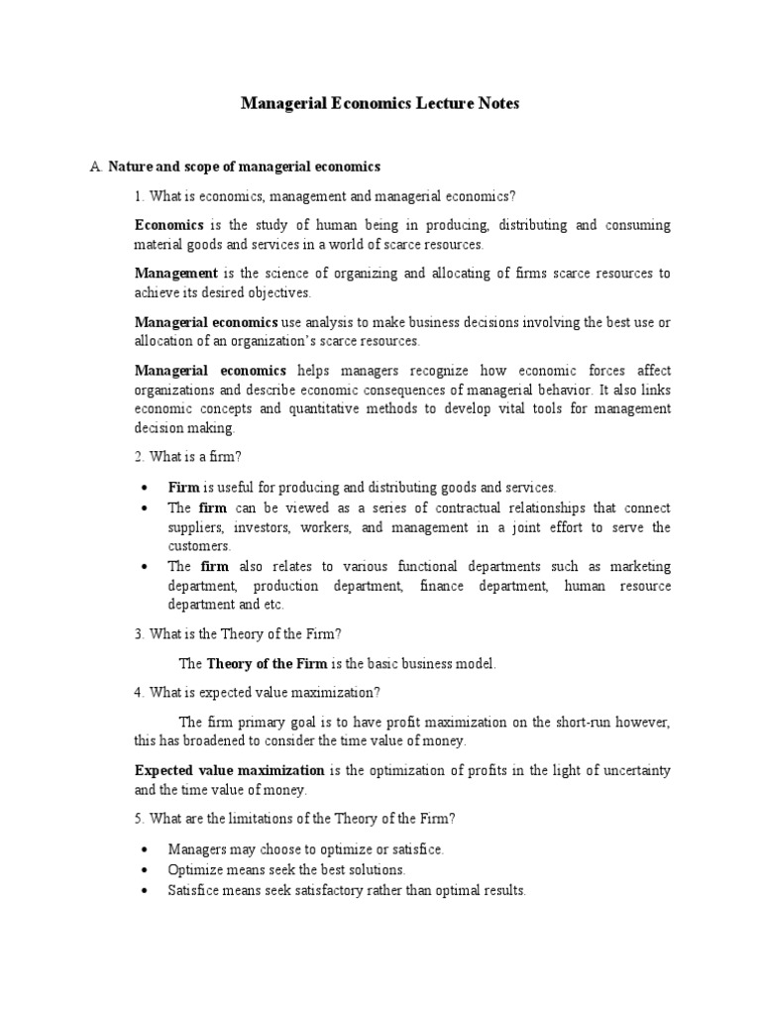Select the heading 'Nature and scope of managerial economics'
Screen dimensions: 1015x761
click(244, 167)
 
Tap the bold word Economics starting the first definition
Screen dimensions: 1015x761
click(169, 225)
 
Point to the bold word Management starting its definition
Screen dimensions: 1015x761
click(176, 273)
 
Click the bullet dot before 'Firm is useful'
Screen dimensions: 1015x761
click(146, 488)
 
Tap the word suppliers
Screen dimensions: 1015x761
click(196, 527)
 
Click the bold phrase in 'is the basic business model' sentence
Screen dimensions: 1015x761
click(267, 664)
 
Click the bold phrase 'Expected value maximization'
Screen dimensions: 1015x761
click(230, 770)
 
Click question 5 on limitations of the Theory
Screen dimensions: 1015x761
click(294, 819)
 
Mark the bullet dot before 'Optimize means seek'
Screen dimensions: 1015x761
click(146, 869)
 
